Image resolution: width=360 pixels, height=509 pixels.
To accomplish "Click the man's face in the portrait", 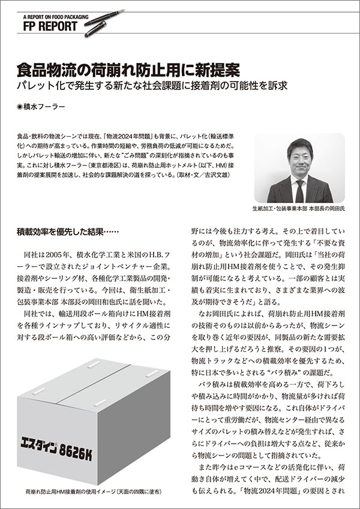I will (x=299, y=156).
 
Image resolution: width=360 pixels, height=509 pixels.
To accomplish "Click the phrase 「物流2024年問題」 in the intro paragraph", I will (x=127, y=136).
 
